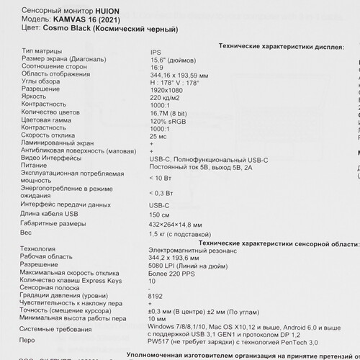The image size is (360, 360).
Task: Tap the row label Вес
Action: tap(27, 234)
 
